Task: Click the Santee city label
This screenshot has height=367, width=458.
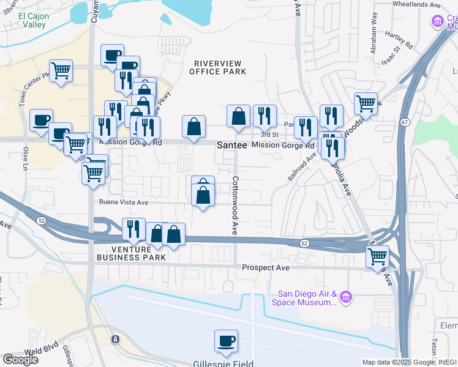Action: coord(232,146)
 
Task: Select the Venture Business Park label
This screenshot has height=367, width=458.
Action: coord(130,253)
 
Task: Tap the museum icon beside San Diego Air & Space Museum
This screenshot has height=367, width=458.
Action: coord(346,297)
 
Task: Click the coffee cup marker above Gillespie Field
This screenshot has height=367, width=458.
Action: coord(226,341)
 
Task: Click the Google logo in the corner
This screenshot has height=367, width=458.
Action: coord(20,359)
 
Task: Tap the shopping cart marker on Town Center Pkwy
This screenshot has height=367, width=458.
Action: coord(61,71)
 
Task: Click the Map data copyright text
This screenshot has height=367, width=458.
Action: coord(408,362)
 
